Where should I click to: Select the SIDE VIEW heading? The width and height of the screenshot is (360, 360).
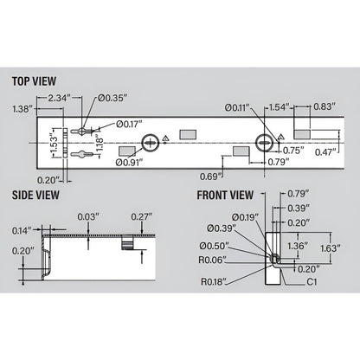tap(36, 195)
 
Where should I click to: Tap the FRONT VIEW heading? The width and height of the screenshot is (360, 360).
tap(225, 195)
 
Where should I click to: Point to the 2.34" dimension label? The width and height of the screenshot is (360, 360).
tap(59, 98)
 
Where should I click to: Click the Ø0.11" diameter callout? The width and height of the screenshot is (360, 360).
tap(236, 107)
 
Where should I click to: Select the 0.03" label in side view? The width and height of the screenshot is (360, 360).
tap(87, 215)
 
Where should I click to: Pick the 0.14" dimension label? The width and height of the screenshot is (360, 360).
tap(23, 230)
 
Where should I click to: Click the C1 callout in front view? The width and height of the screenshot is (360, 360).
tap(306, 280)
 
